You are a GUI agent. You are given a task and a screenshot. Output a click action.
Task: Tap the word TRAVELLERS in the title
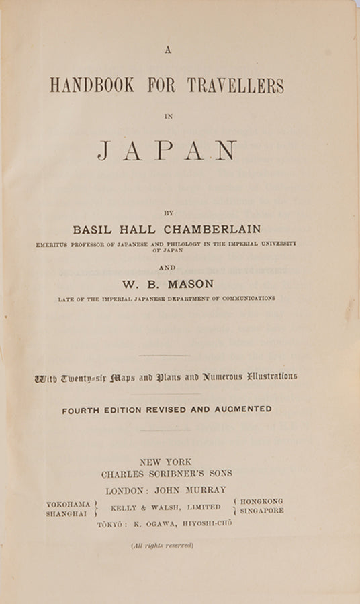point(236,86)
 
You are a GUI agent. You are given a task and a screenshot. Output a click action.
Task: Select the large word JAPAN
point(167,150)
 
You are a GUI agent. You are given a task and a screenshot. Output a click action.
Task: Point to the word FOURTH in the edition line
point(85,409)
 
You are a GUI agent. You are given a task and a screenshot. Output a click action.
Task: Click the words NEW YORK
point(166,462)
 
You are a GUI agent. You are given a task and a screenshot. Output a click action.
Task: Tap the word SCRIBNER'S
point(175,474)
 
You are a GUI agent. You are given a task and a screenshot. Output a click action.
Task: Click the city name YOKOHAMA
point(68,504)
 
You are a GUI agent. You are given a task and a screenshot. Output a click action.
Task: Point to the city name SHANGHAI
point(66,514)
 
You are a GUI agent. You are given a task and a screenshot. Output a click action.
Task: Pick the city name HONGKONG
point(261,501)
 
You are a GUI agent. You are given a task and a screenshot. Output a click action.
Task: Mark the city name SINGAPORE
point(261,511)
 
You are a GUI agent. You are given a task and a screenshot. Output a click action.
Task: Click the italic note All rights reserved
point(163,545)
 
